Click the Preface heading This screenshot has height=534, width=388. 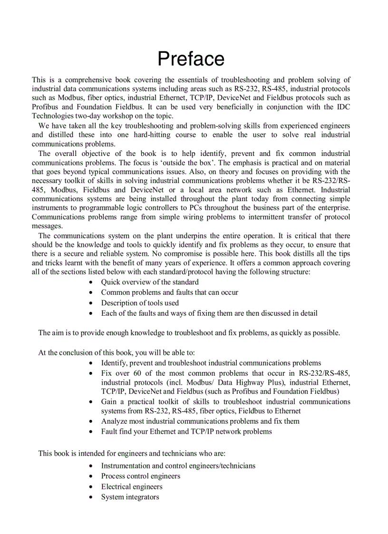(191, 59)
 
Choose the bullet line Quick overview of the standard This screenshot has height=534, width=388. (150, 282)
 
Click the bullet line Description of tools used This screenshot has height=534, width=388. (140, 303)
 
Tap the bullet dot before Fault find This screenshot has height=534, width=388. (91, 432)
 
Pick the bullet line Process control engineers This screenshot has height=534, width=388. (140, 476)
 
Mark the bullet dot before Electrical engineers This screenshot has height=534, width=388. (91, 487)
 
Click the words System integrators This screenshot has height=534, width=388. (130, 497)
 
